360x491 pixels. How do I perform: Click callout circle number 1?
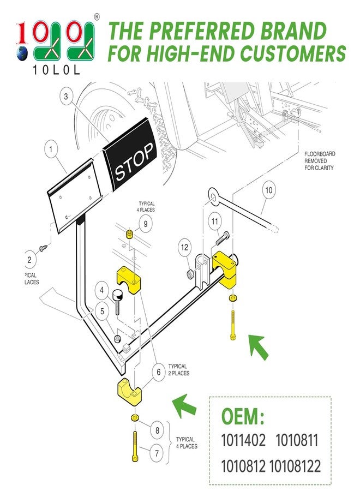click(52, 148)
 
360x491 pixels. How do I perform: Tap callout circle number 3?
click(66, 98)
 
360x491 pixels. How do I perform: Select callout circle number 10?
click(268, 191)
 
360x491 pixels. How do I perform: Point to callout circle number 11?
click(215, 221)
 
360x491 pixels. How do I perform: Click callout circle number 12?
click(184, 248)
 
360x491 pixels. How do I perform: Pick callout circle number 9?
click(145, 223)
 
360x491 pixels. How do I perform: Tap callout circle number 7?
click(157, 452)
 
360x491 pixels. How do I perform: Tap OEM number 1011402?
click(243, 440)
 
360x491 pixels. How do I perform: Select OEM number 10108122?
click(295, 466)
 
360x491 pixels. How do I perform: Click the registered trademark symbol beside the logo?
click(97, 17)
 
